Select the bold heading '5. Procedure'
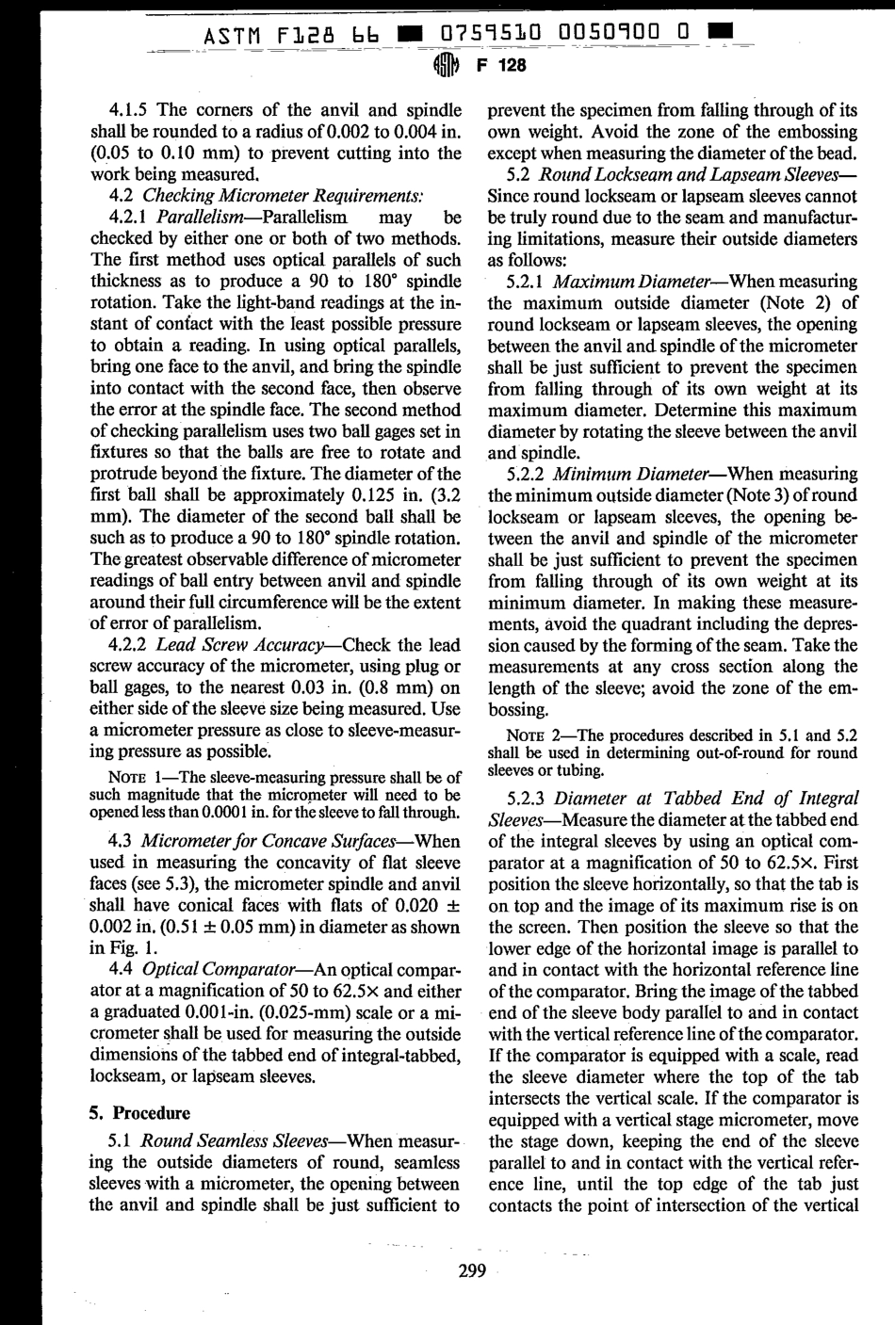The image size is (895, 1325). (139, 1112)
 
